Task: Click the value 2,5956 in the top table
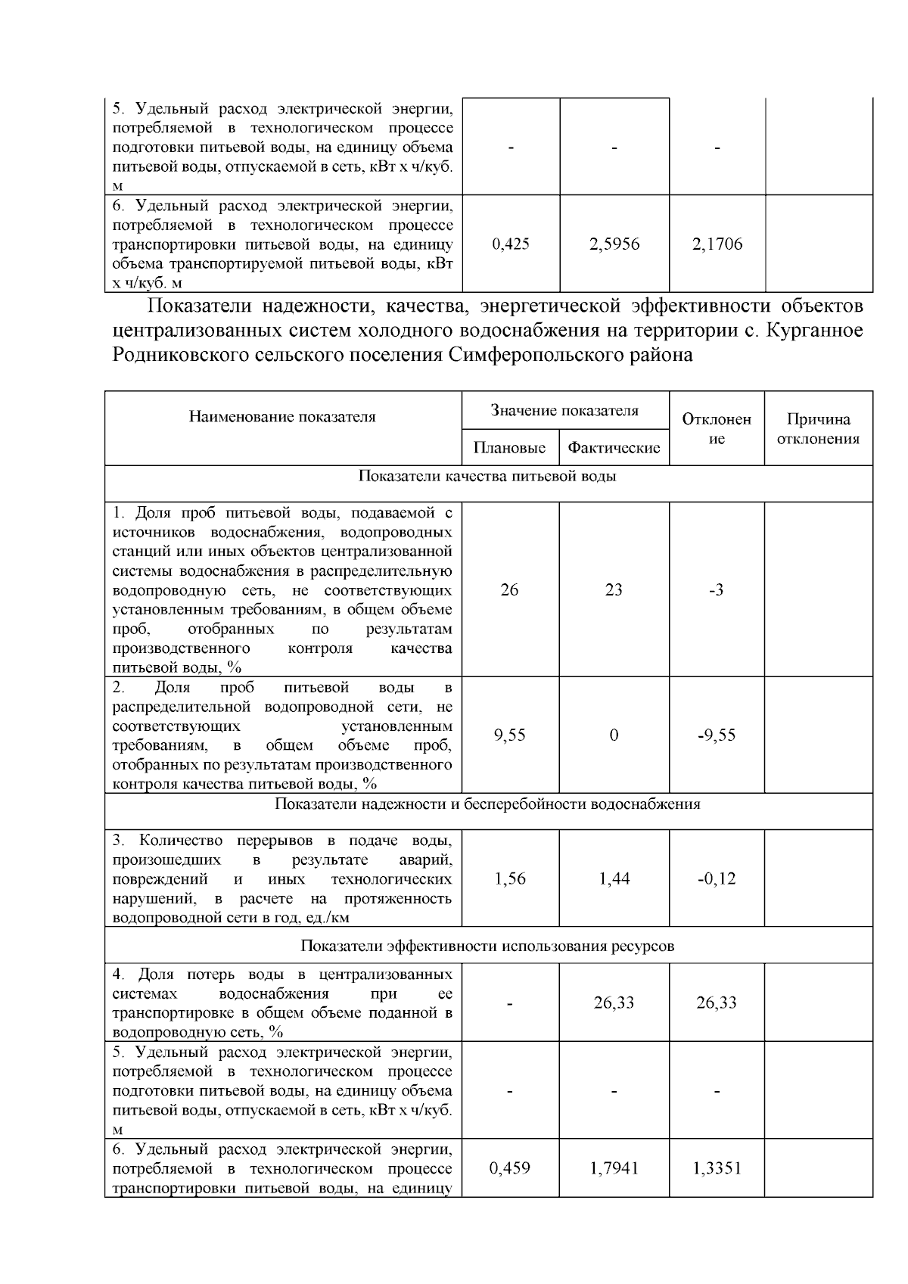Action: tap(614, 244)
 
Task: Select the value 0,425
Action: tap(510, 244)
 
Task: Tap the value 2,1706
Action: tap(717, 244)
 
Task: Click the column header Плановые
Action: tap(509, 448)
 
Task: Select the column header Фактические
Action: tap(614, 448)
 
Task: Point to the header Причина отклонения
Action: tap(818, 429)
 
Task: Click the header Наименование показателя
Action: tap(282, 417)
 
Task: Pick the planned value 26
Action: tap(509, 590)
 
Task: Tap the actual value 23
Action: tap(614, 590)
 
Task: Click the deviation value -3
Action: tap(716, 590)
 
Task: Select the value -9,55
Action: tap(716, 735)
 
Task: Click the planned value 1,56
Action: tap(509, 879)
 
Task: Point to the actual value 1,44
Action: tap(614, 879)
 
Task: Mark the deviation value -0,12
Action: tap(716, 879)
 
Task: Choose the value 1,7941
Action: tap(614, 1169)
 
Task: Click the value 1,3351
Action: tap(717, 1169)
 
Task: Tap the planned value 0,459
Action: tap(509, 1169)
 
